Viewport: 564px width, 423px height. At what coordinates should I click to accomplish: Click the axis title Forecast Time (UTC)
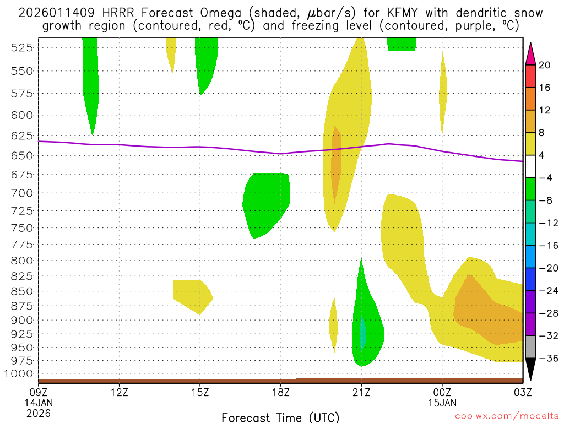coord(280,417)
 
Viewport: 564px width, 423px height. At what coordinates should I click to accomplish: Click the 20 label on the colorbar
coord(545,65)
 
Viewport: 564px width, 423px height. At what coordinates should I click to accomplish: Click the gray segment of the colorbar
coord(530,347)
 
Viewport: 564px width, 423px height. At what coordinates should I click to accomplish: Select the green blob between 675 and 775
coord(266,204)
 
